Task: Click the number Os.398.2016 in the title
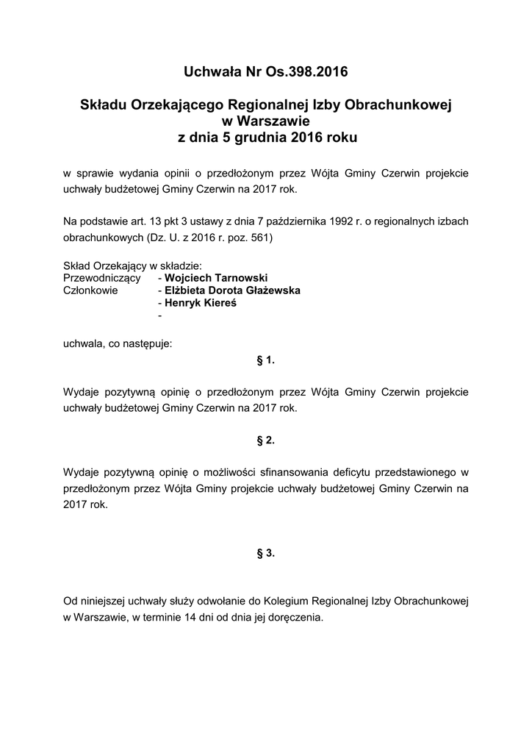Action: click(x=307, y=72)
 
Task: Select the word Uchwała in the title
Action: click(x=212, y=72)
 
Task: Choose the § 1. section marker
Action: click(x=265, y=360)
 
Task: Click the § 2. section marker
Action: click(x=265, y=440)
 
